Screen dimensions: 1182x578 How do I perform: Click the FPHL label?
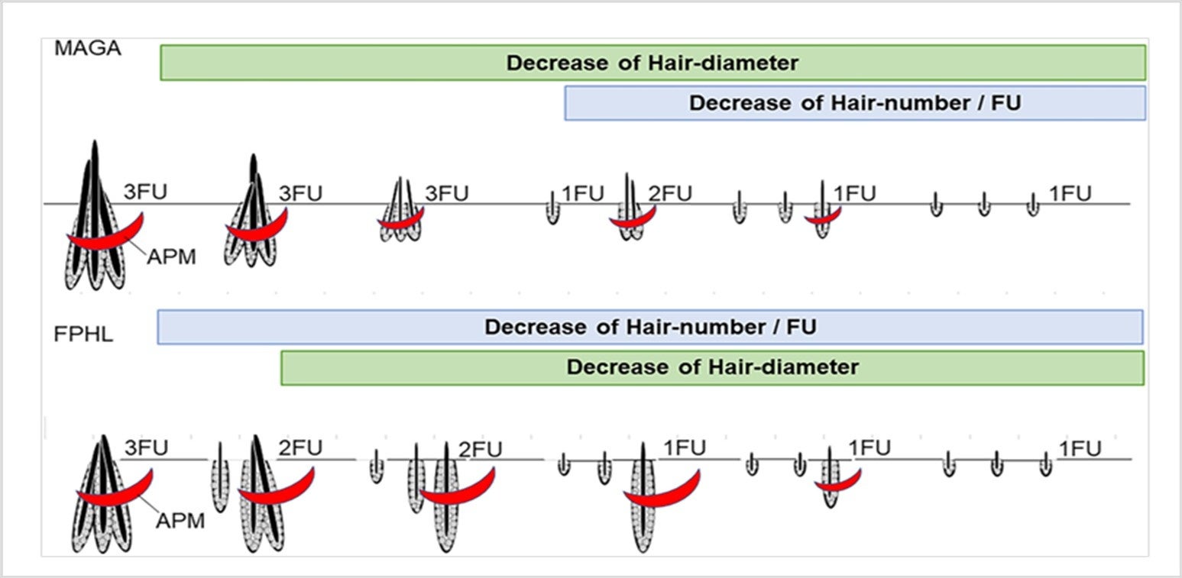coord(84,334)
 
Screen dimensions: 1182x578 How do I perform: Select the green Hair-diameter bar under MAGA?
coord(653,63)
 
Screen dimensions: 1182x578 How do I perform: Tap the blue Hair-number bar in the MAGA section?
coord(854,103)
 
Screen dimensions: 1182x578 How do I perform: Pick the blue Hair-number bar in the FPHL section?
coord(649,328)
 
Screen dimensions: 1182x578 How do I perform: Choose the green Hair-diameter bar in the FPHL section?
coord(712,367)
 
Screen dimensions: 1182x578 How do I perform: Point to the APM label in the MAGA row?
coord(171,257)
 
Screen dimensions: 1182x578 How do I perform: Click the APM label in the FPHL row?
coord(180,521)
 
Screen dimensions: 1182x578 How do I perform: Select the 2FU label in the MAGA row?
coord(670,194)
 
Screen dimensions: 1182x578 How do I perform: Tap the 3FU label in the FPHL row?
coord(145,447)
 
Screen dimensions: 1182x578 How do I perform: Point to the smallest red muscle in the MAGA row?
coord(822,217)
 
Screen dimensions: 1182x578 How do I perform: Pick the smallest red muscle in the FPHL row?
coord(837,483)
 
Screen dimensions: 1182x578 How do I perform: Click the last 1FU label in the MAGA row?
coord(1070,194)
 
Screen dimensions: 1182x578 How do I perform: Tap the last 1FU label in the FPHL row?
coord(1079,448)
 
